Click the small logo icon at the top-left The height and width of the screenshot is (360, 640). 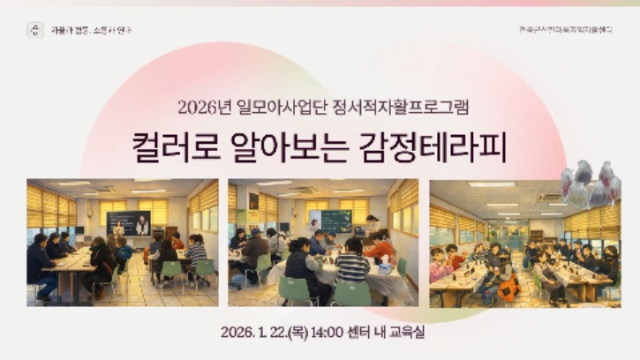pyautogui.click(x=34, y=30)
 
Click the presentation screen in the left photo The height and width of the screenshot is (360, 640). pyautogui.click(x=128, y=223)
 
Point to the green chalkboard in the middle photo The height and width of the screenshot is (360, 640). pyautogui.click(x=335, y=221)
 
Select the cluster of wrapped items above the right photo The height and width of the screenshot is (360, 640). pyautogui.click(x=591, y=182)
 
